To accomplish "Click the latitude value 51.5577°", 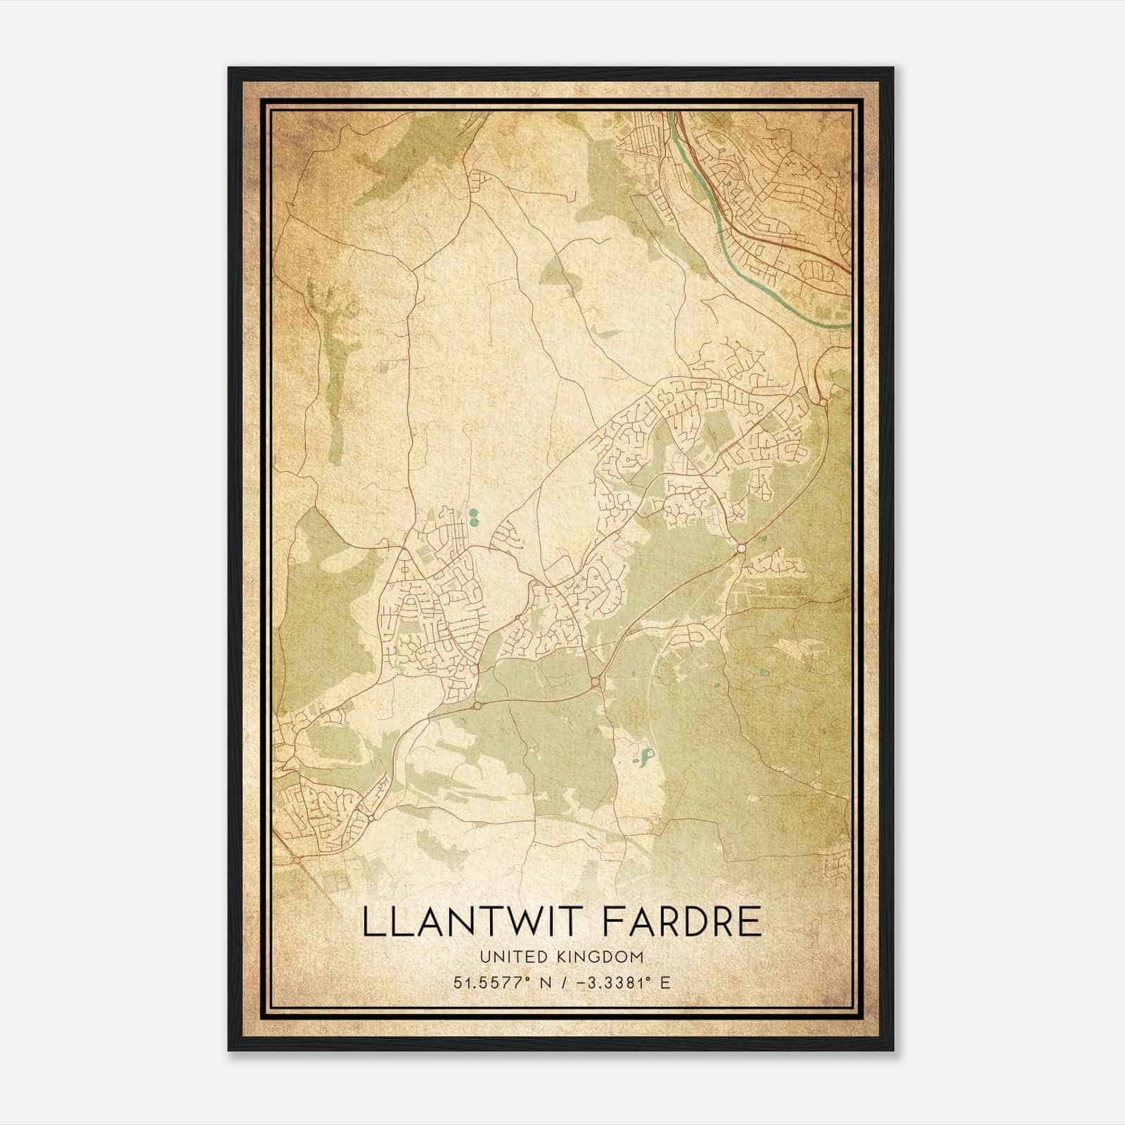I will coord(490,982).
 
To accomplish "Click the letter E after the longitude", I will coord(665,982).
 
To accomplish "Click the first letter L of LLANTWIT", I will coord(373,922).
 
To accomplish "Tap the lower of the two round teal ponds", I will coord(472,522).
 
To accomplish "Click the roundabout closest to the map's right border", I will coord(823,401).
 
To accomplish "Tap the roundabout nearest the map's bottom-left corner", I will coord(297,859).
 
